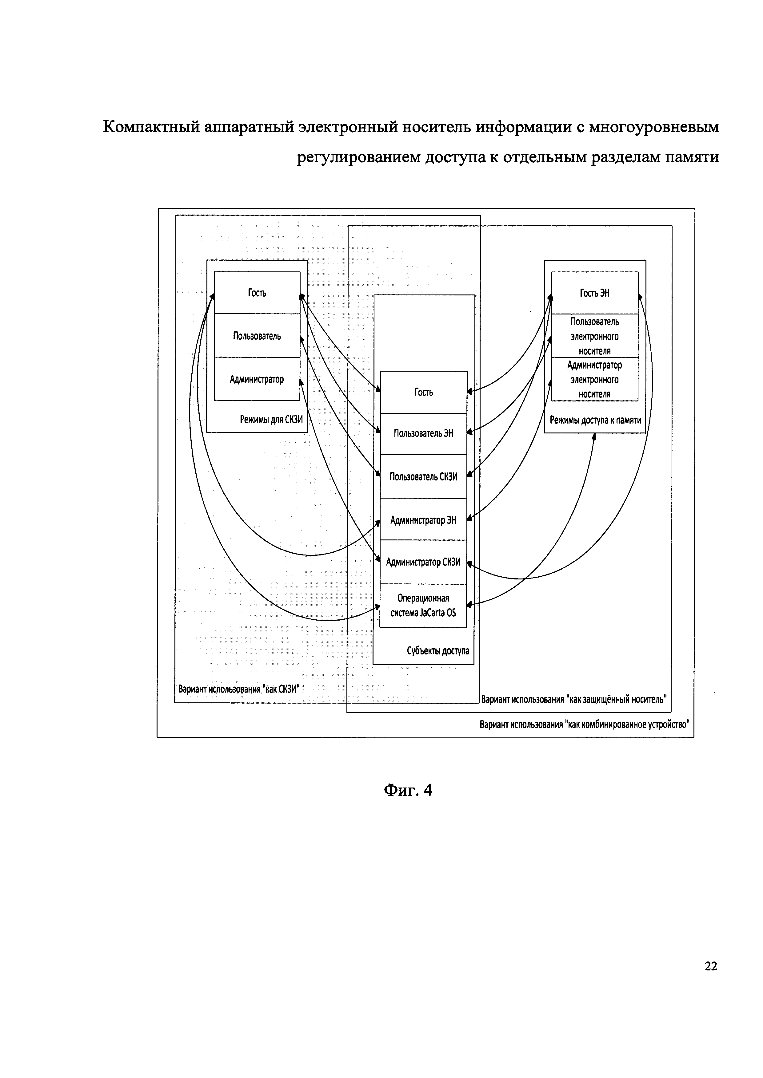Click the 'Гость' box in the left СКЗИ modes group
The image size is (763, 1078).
(x=257, y=293)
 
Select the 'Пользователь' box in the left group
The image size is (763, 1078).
(x=257, y=336)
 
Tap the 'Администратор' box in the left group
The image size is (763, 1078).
(x=257, y=379)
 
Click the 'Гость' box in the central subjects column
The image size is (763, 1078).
(x=423, y=392)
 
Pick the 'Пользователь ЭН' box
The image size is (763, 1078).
(x=423, y=433)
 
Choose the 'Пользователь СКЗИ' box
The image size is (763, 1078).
(x=423, y=476)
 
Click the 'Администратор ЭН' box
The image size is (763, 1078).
(x=423, y=520)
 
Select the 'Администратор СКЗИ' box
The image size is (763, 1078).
(x=423, y=562)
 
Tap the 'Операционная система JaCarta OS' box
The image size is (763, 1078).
(x=423, y=606)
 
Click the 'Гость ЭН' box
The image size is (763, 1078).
(x=594, y=293)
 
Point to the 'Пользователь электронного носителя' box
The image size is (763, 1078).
(x=594, y=336)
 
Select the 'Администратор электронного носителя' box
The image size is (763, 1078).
(x=594, y=379)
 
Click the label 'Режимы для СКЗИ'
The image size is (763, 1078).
(x=271, y=419)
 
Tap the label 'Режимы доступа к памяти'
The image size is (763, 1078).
(x=595, y=420)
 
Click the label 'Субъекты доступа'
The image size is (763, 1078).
(x=438, y=651)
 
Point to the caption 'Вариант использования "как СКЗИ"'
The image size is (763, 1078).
(x=239, y=689)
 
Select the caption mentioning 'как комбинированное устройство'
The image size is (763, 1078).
(x=584, y=725)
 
